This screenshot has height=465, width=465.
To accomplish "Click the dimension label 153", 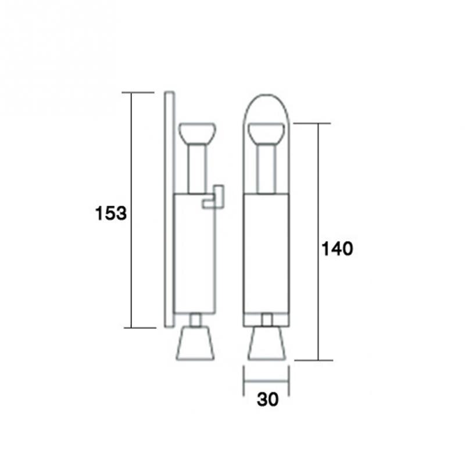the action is (111, 213).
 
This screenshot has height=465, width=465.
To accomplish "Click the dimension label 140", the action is (338, 249).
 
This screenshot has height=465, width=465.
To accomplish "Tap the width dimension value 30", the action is (268, 399).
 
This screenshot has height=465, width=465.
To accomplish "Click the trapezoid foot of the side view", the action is (195, 344).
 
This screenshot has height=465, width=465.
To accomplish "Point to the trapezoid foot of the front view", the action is (267, 344).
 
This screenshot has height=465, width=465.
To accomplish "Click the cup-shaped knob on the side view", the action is (197, 133).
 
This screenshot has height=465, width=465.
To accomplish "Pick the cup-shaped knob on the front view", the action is (267, 133).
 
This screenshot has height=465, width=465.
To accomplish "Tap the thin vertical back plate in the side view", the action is (169, 209).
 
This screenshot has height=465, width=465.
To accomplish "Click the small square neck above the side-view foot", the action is (195, 320).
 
